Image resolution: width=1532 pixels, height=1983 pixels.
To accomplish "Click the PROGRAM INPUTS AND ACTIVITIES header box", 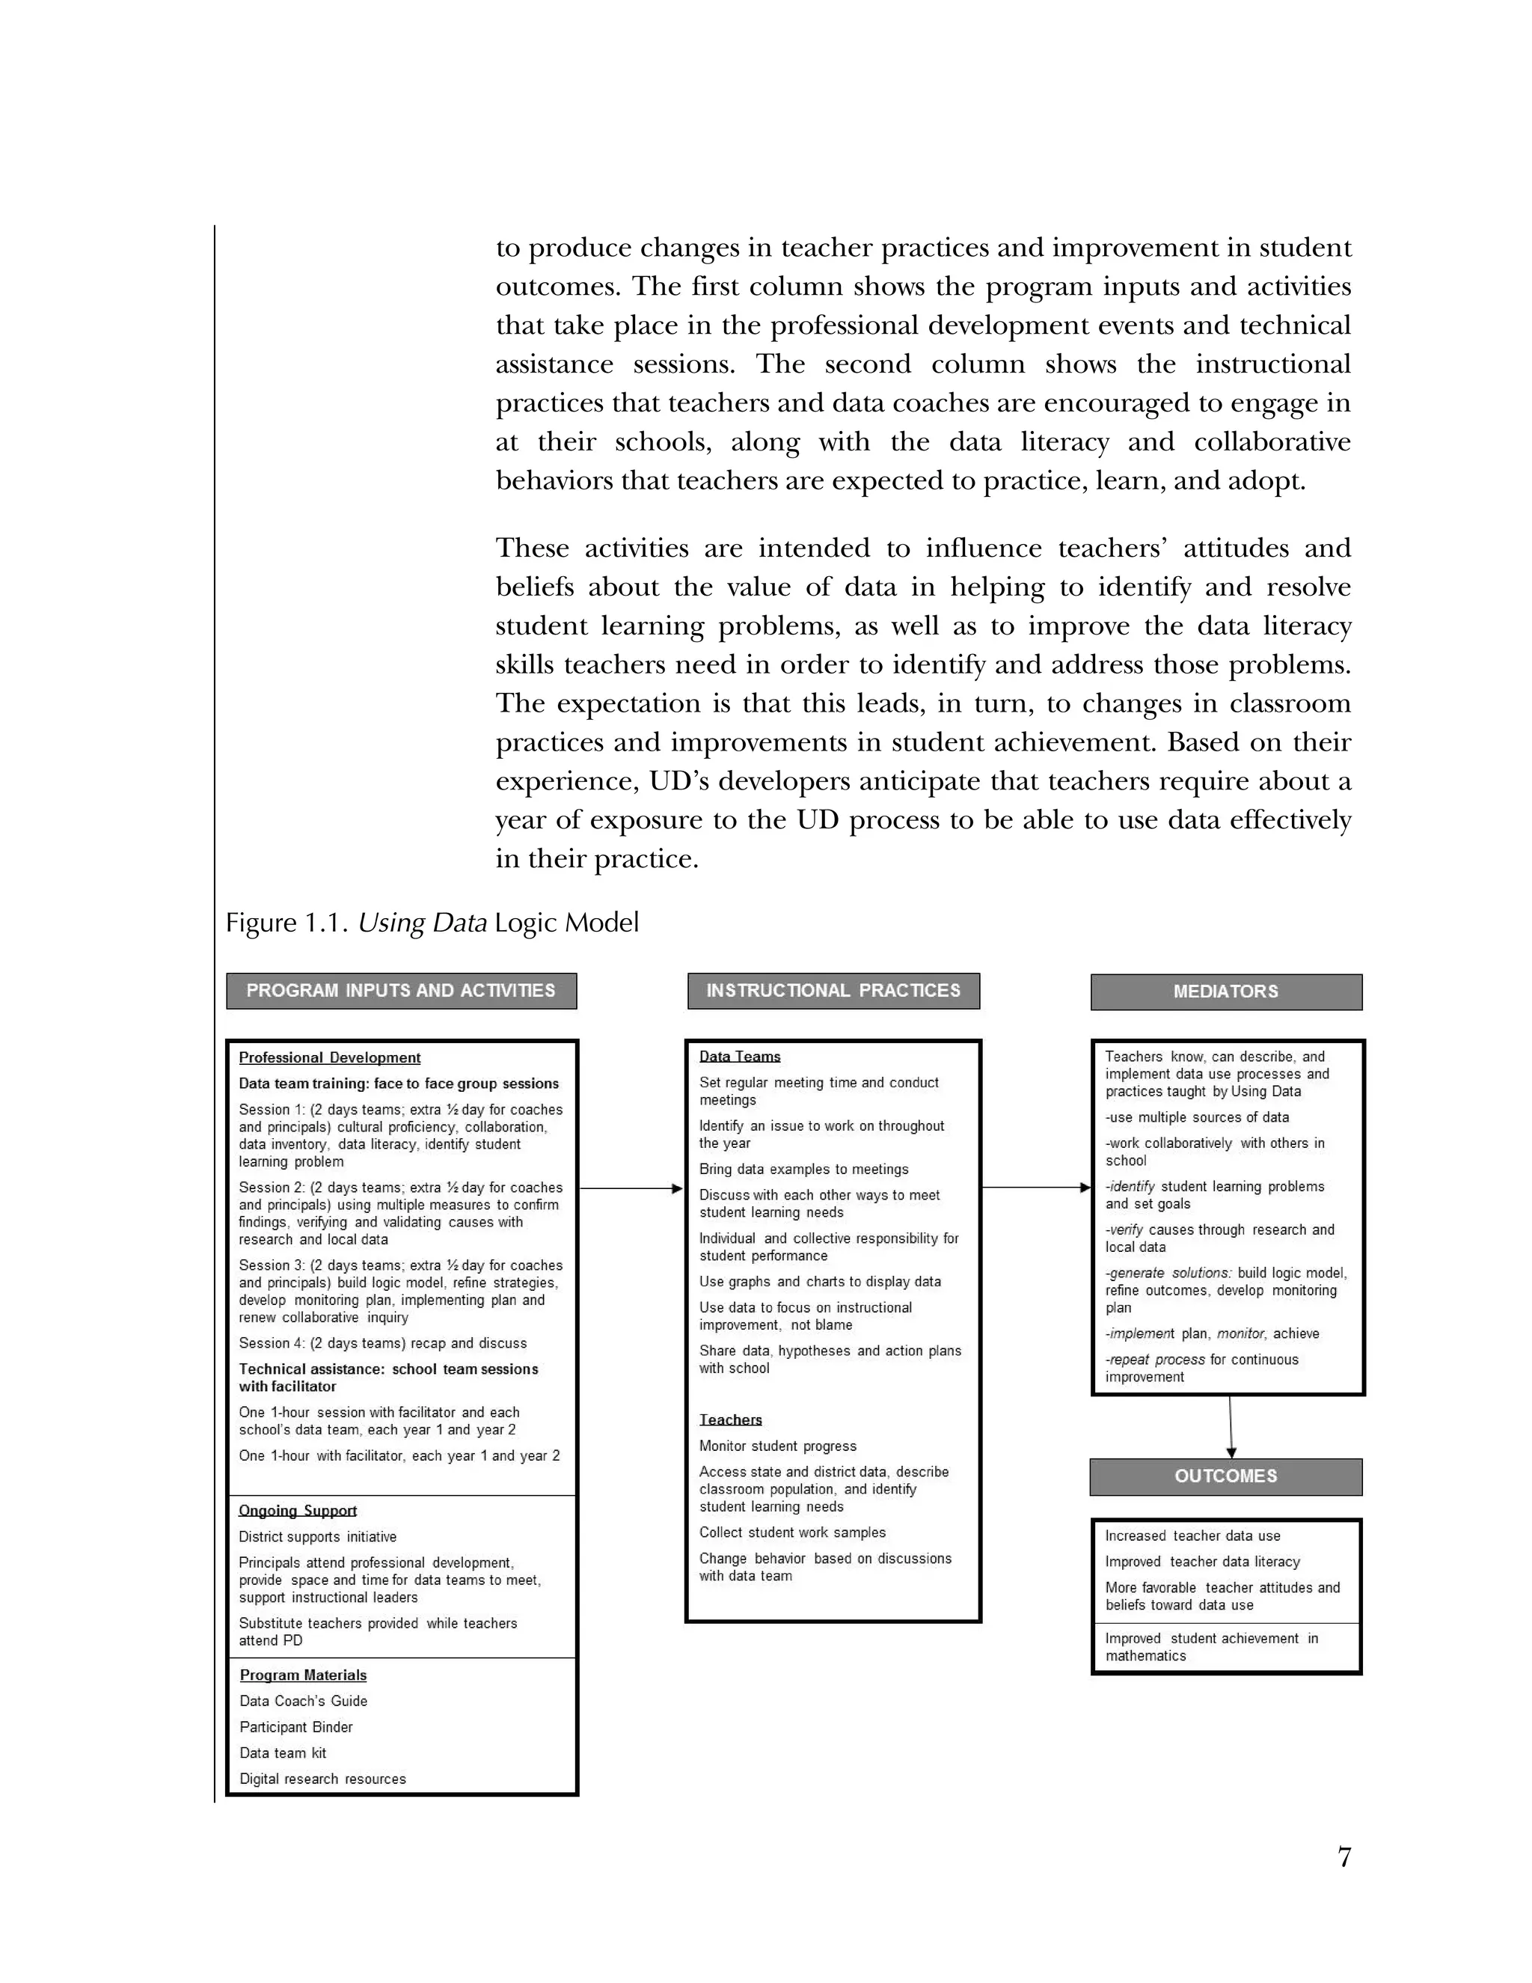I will pos(401,991).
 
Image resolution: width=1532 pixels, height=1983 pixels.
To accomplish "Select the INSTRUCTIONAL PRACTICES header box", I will pos(833,991).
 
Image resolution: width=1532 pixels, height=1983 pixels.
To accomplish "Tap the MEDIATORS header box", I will pos(1225,991).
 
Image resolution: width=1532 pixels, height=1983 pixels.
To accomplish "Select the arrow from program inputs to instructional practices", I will pos(630,1188).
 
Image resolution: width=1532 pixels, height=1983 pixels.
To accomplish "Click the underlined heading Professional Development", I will pos(329,1058).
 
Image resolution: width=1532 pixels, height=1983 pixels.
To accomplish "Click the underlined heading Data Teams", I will pos(740,1057).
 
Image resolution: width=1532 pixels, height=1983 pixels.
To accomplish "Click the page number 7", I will pos(1344,1858).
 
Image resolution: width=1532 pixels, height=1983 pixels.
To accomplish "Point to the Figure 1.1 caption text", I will pos(432,923).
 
